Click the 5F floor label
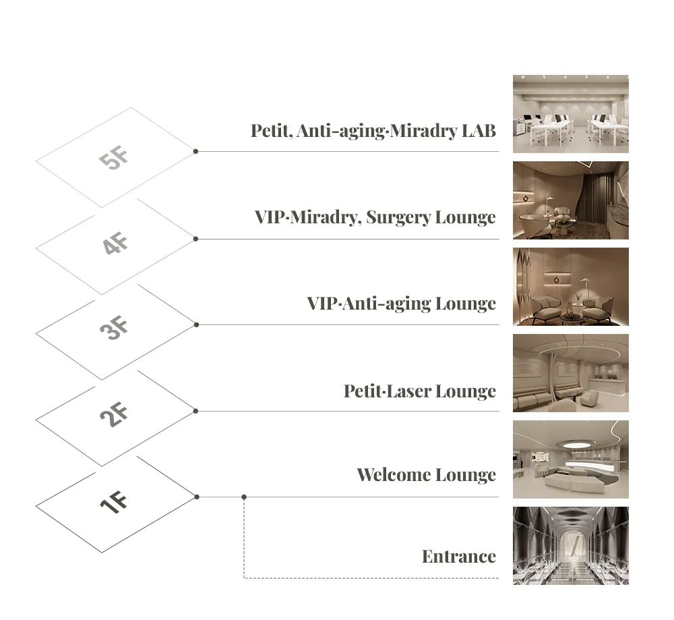coord(114,157)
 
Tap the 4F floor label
coord(115,243)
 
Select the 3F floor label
coord(114,328)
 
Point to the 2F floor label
coord(114,414)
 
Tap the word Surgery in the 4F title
coord(398,218)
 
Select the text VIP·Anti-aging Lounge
coord(402,304)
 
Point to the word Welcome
coord(394,474)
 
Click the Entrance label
coord(459,557)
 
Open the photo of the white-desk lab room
coord(570,114)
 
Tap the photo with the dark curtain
coord(570,200)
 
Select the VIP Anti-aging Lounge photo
coord(570,287)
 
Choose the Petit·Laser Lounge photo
coord(570,373)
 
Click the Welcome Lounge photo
coord(570,459)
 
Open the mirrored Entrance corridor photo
coord(570,546)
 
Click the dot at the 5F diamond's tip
coord(195,151)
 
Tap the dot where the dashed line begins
coord(244,497)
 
